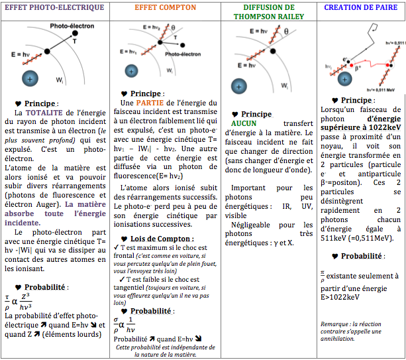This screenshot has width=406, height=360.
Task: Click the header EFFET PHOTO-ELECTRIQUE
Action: tap(54, 8)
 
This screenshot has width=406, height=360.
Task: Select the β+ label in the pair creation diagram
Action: tap(357, 67)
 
